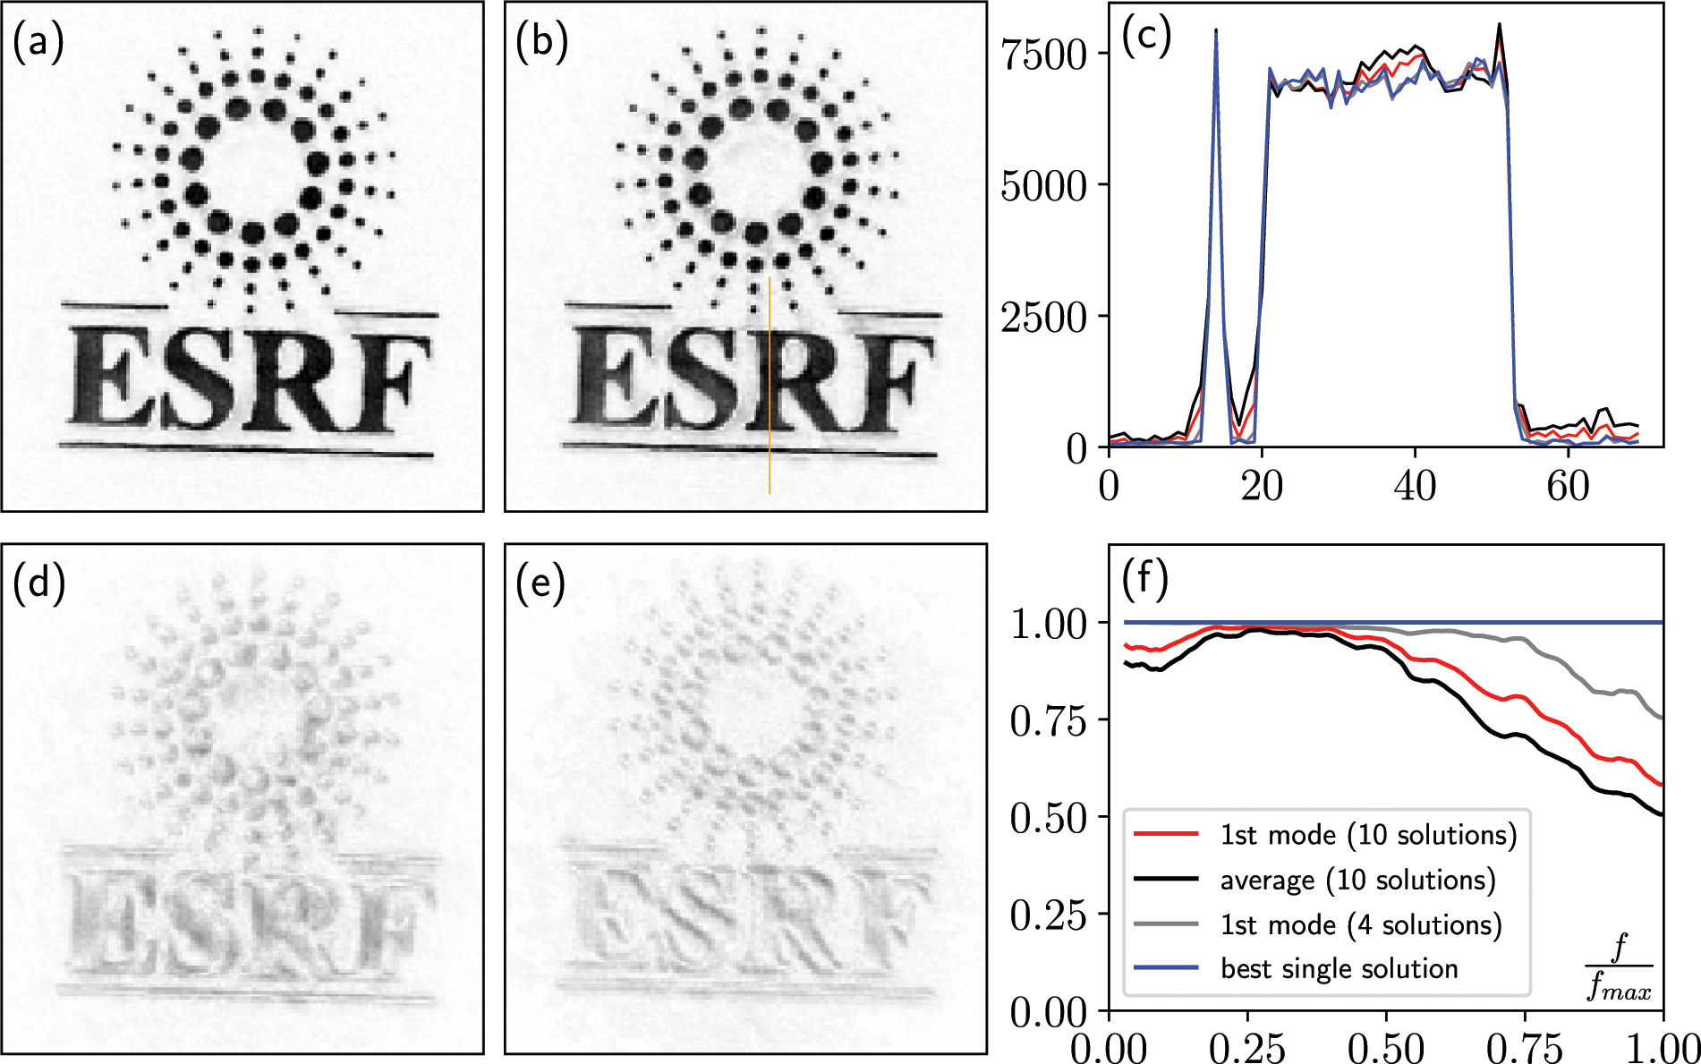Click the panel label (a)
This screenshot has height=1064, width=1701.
click(38, 42)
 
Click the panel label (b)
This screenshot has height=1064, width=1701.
click(541, 42)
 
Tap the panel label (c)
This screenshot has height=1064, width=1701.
click(1146, 38)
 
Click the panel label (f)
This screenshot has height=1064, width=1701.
click(1145, 580)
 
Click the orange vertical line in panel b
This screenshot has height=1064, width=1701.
click(770, 385)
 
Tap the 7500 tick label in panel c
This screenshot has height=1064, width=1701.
click(1043, 55)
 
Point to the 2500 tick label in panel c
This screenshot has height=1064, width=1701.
click(1043, 317)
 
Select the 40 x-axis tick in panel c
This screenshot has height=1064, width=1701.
click(1415, 486)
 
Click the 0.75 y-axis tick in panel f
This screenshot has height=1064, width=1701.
click(1048, 720)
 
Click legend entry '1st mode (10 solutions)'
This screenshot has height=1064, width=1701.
click(1368, 835)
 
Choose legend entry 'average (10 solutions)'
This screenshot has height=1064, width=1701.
click(1357, 880)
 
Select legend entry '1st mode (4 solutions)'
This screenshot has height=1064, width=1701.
click(1360, 924)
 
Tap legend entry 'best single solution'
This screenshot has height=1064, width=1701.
click(1339, 968)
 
